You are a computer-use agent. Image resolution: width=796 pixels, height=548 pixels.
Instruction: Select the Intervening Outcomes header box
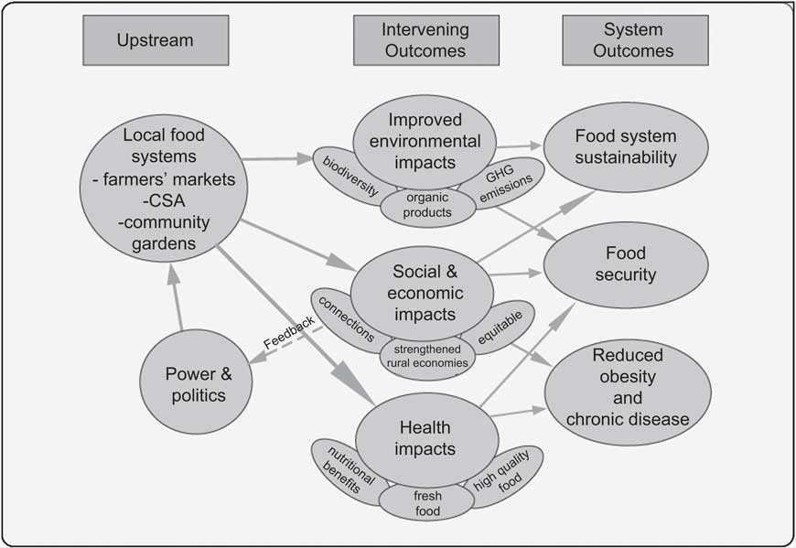[x=426, y=40]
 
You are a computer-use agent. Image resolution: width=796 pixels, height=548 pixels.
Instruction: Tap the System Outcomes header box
[x=632, y=40]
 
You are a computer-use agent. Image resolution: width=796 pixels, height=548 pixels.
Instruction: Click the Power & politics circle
[x=196, y=384]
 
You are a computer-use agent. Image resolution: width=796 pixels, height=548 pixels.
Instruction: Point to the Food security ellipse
[x=626, y=263]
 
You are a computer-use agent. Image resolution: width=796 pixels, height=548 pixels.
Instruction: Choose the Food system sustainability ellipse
[x=626, y=147]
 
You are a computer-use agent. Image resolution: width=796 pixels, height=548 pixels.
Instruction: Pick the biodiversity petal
[x=346, y=176]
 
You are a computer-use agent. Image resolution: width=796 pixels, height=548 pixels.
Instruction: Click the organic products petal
[x=429, y=207]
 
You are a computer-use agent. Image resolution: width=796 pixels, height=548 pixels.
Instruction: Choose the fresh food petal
[x=427, y=502]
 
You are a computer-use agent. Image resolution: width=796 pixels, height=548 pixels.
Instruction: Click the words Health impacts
[x=425, y=438]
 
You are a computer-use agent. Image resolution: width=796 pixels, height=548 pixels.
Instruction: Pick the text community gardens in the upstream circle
[x=164, y=232]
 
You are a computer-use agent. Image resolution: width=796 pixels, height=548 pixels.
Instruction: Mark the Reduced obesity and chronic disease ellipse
[x=627, y=387]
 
